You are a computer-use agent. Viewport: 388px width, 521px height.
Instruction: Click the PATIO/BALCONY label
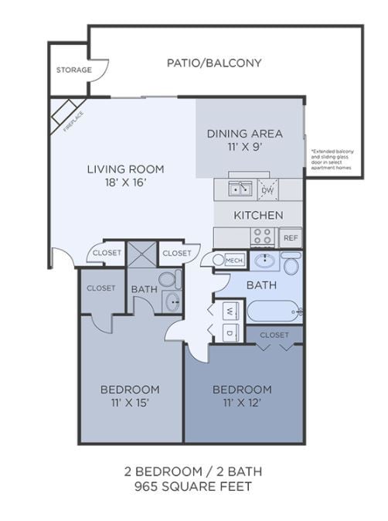214,63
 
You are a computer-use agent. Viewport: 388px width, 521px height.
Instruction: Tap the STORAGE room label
73,70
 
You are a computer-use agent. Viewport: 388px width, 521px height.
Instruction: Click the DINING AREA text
244,133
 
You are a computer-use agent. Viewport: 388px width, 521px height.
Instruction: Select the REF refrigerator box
291,238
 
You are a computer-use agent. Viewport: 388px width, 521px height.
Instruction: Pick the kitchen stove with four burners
264,237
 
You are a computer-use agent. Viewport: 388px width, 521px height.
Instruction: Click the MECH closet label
235,261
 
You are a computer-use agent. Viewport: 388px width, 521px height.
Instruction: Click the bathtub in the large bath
274,312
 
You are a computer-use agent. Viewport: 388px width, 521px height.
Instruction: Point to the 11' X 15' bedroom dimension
130,402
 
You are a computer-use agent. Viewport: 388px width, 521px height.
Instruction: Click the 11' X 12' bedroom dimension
242,402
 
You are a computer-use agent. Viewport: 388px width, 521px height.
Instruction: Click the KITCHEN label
258,215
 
